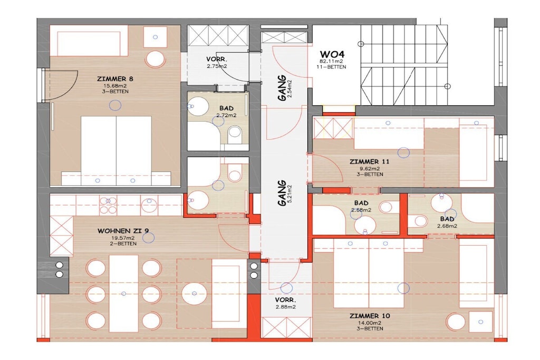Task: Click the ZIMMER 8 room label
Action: pyautogui.click(x=115, y=79)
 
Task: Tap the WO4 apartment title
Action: pyautogui.click(x=332, y=54)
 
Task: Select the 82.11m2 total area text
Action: pyautogui.click(x=331, y=62)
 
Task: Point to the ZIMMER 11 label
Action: pyautogui.click(x=369, y=161)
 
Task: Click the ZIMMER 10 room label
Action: pyautogui.click(x=370, y=316)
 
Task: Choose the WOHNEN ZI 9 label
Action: pyautogui.click(x=123, y=230)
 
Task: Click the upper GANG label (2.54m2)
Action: pyautogui.click(x=282, y=88)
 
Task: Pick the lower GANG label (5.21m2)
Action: pyautogui.click(x=282, y=193)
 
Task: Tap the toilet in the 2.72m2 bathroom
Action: pyautogui.click(x=235, y=133)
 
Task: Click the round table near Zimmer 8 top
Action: pyautogui.click(x=156, y=59)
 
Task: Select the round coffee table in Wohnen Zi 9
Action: pyautogui.click(x=194, y=293)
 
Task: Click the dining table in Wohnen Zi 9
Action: pyautogui.click(x=123, y=293)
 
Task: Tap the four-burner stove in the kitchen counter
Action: pyautogui.click(x=108, y=205)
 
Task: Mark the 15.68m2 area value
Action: pyautogui.click(x=115, y=86)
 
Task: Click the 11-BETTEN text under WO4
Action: pyautogui.click(x=331, y=67)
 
